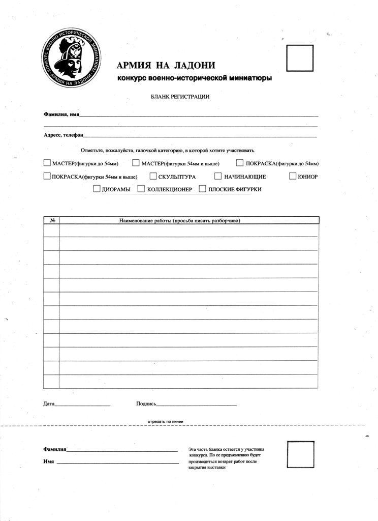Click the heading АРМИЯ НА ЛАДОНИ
coord(166,65)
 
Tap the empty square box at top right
coord(300,59)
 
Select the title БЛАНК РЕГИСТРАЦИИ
coord(180,96)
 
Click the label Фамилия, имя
coord(61,116)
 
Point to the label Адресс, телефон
coord(63,135)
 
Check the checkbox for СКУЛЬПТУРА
coord(153,177)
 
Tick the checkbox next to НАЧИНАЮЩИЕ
coord(218,177)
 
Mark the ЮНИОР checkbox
coord(293,177)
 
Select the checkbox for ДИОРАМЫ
coord(97,189)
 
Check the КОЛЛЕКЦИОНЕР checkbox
coord(143,189)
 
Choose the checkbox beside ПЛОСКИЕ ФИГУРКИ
coord(203,189)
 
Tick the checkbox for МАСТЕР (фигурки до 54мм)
coord(47,163)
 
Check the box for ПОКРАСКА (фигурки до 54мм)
coord(240,163)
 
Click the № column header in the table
coord(52,221)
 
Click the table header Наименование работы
coord(179,221)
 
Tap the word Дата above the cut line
coord(49,404)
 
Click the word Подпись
coord(146,404)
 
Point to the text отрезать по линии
coord(165,422)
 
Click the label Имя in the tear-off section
coord(49,461)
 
